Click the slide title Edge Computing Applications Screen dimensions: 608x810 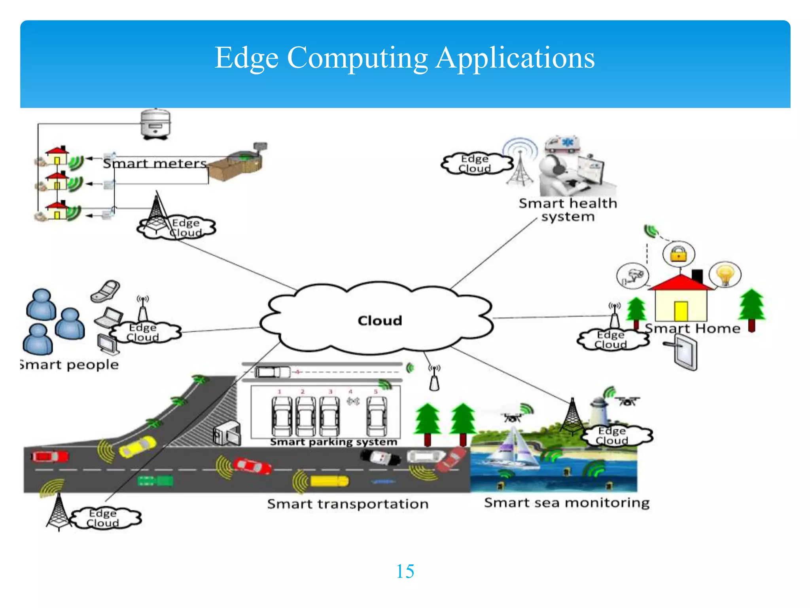[x=404, y=58]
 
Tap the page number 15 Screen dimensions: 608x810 [x=405, y=571]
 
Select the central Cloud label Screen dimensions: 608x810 [x=380, y=320]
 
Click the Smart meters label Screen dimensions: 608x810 [x=155, y=163]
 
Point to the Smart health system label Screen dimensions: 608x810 [x=568, y=210]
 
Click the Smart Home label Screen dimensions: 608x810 [x=692, y=328]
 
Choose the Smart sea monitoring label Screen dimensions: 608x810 [x=566, y=502]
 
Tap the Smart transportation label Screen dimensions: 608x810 [x=348, y=504]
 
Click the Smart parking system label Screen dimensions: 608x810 [x=333, y=442]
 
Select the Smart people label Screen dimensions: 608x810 [x=70, y=365]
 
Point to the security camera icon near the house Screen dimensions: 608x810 [x=632, y=275]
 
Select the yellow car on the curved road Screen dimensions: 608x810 [x=137, y=446]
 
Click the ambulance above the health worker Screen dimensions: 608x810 [x=562, y=145]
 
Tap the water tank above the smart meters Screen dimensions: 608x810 [x=155, y=123]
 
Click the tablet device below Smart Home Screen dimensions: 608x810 [x=685, y=352]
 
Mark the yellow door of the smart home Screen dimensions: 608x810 [x=681, y=311]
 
